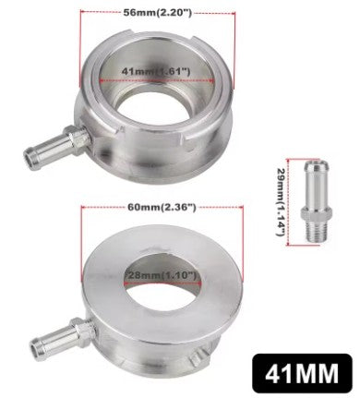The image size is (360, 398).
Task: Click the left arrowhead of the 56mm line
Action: (x=84, y=14)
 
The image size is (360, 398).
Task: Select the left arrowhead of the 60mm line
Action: (x=84, y=208)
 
